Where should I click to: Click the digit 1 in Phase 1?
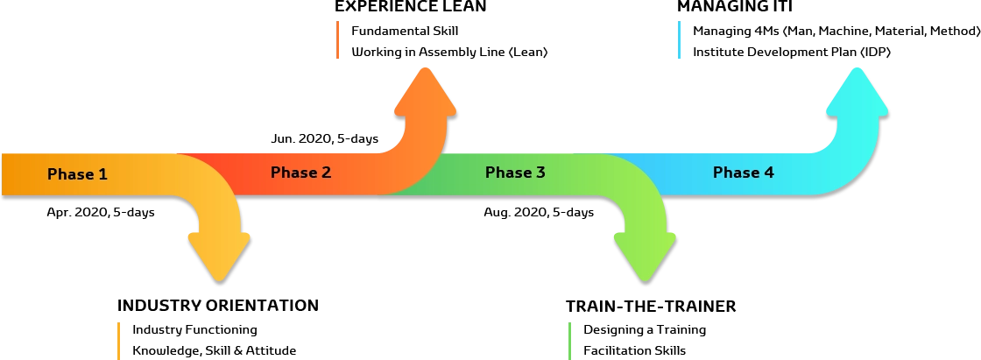[102, 174]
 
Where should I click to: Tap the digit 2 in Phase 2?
[326, 173]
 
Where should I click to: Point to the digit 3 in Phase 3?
[540, 173]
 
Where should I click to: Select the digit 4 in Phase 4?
[768, 173]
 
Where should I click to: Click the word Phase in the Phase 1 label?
[70, 174]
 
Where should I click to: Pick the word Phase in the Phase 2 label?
[293, 173]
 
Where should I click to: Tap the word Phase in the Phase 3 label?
[507, 173]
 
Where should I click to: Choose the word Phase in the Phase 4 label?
[735, 173]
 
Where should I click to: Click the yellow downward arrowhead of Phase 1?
[219, 254]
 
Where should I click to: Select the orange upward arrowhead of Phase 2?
[425, 92]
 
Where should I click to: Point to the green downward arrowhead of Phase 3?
[645, 254]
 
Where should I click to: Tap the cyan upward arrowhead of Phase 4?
[857, 92]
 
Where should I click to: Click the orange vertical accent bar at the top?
[339, 41]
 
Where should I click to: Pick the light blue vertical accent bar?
[679, 41]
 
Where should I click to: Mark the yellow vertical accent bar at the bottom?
[117, 341]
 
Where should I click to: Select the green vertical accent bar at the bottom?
[571, 341]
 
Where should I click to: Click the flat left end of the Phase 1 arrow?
[7, 174]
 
